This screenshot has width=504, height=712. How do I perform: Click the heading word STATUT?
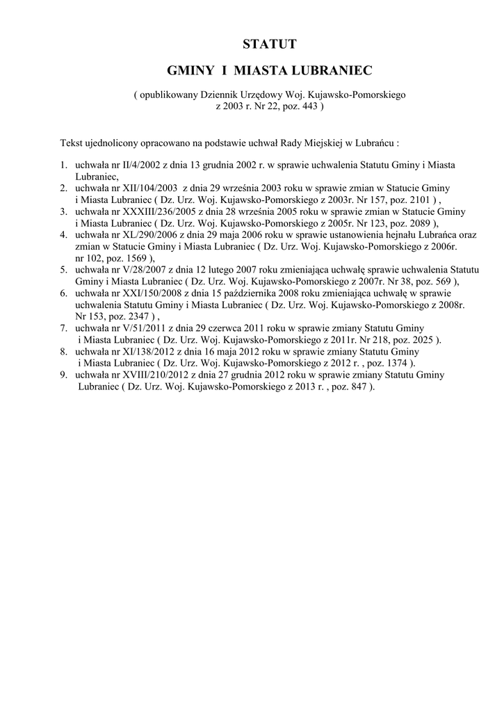(x=270, y=45)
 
